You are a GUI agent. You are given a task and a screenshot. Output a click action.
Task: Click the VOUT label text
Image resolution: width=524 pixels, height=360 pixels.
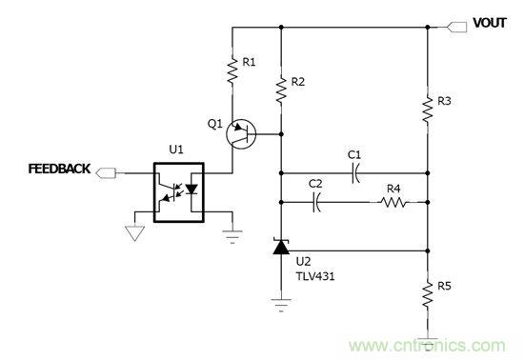(493, 20)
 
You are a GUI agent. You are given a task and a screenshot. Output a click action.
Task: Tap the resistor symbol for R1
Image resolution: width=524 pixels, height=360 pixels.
(232, 71)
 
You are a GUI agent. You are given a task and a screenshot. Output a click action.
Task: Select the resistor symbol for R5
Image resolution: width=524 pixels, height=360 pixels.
(427, 293)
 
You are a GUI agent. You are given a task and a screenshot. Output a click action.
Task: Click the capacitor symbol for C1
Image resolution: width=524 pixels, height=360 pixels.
(353, 172)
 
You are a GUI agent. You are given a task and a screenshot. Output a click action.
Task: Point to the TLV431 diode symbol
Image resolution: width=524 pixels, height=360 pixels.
(280, 249)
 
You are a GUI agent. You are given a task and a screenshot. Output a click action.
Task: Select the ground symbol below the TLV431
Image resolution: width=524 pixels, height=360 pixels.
(280, 306)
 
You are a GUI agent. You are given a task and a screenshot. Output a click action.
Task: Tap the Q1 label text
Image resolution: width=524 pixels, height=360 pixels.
(213, 123)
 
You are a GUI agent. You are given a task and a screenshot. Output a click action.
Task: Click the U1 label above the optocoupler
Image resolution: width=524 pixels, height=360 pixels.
(174, 150)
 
